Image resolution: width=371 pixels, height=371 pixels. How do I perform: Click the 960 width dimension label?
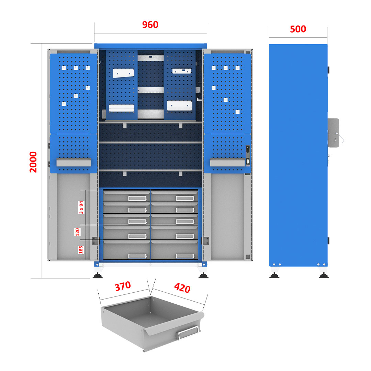[150, 25]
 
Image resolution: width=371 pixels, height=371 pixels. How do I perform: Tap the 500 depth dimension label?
[298, 29]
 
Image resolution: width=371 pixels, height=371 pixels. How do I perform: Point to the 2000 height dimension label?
[33, 162]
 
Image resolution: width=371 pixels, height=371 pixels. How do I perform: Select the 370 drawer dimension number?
[123, 286]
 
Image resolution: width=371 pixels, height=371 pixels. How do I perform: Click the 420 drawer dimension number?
[182, 288]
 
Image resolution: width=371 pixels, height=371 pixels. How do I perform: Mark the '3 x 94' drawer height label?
[81, 207]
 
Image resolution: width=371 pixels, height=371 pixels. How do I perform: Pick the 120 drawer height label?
[77, 232]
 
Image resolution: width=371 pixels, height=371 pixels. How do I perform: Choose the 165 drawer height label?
[81, 250]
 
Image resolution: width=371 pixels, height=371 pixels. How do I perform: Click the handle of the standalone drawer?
[188, 333]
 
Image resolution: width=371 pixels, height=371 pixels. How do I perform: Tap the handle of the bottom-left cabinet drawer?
[137, 256]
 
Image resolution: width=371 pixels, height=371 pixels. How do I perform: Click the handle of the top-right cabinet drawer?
[185, 198]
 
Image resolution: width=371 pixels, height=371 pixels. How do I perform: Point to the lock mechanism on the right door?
[248, 156]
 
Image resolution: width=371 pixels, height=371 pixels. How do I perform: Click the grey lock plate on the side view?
[333, 133]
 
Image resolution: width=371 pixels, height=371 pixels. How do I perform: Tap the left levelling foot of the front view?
[98, 276]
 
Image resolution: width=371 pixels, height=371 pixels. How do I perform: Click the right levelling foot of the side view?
[324, 276]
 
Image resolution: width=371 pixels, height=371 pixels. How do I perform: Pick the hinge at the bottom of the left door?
[95, 241]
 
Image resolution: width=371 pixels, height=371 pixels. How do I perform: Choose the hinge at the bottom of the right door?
[205, 241]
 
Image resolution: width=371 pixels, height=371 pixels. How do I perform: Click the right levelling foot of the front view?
[203, 276]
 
